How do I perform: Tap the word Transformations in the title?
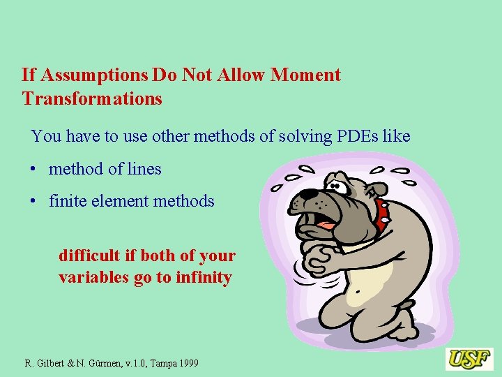[92, 98]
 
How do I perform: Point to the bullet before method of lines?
[33, 170]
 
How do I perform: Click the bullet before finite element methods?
[33, 202]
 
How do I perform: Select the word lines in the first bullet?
[144, 169]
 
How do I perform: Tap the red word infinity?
[204, 277]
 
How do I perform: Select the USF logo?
[470, 359]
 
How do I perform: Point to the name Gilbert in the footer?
[52, 363]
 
